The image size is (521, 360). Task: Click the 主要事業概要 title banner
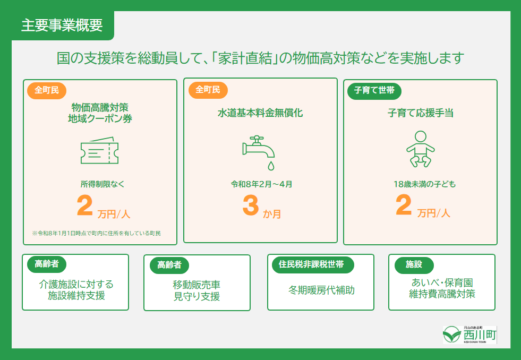pyautogui.click(x=62, y=26)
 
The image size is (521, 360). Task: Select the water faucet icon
pyautogui.click(x=259, y=151)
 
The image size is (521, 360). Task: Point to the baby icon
pyautogui.click(x=420, y=149)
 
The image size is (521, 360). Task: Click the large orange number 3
pyautogui.click(x=250, y=207)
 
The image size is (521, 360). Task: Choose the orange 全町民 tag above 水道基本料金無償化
pyautogui.click(x=208, y=90)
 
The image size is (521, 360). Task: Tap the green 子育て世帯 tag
pyautogui.click(x=374, y=90)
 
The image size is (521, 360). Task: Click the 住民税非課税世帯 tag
pyautogui.click(x=311, y=264)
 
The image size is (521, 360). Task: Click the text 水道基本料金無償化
pyautogui.click(x=260, y=113)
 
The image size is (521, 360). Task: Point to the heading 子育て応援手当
pyautogui.click(x=420, y=113)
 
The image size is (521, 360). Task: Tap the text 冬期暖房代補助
pyautogui.click(x=321, y=290)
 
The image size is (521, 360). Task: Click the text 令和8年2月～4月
pyautogui.click(x=261, y=184)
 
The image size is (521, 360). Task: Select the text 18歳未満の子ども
pyautogui.click(x=420, y=184)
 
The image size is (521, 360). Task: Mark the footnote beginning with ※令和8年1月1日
pyautogui.click(x=96, y=233)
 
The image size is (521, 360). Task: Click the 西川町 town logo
pyautogui.click(x=470, y=335)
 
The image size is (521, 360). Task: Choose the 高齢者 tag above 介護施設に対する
pyautogui.click(x=47, y=264)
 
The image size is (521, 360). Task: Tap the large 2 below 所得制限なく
pyautogui.click(x=84, y=207)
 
